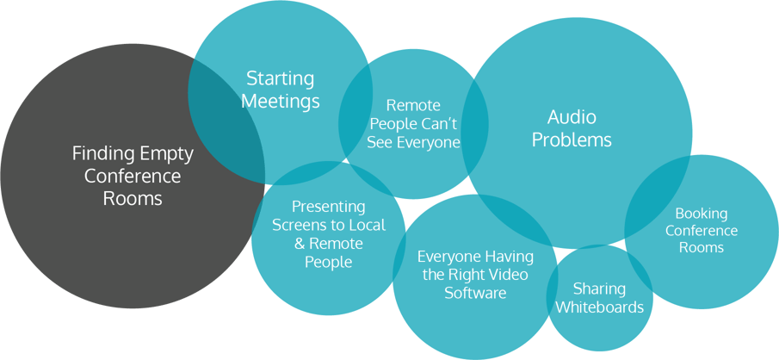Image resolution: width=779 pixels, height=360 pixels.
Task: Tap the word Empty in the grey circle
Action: (166, 153)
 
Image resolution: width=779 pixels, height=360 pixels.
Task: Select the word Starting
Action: (280, 78)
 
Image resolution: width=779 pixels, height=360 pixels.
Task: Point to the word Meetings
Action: (280, 101)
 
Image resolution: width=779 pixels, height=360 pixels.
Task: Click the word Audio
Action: (572, 117)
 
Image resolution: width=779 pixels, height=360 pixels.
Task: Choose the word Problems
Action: (572, 140)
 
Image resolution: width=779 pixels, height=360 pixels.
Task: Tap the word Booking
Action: (701, 213)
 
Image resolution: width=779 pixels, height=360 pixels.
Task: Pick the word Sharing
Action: (599, 288)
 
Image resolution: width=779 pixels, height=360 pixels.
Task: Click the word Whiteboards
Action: (599, 307)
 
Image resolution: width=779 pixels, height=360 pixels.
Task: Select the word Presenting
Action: (328, 207)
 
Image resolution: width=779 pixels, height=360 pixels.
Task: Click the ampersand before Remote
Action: (300, 244)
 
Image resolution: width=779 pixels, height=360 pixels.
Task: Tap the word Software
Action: (475, 293)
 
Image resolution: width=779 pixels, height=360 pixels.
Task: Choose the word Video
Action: (509, 275)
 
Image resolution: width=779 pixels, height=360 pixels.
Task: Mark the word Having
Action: (509, 257)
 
